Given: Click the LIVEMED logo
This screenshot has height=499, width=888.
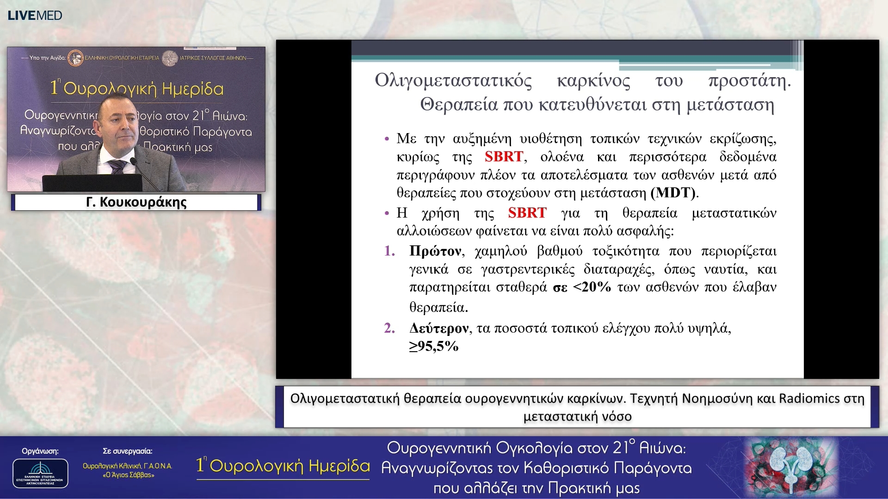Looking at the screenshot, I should (35, 15).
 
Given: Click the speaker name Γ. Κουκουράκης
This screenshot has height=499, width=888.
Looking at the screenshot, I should (136, 202).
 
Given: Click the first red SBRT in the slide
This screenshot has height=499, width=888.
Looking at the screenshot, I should (504, 157).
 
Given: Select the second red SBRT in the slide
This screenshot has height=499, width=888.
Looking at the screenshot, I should (527, 213).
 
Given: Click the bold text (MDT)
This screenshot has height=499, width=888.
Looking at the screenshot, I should (673, 193).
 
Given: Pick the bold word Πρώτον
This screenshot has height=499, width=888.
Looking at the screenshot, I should (435, 251).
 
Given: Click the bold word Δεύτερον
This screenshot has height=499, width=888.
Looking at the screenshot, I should (439, 329).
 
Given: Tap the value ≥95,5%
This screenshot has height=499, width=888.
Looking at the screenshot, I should (433, 346).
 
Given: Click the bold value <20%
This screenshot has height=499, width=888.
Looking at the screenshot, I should (592, 287).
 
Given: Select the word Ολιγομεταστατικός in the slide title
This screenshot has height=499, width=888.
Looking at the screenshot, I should (453, 81).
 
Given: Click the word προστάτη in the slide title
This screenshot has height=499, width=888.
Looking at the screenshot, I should (749, 81).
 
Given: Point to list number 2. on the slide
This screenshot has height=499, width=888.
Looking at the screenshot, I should (389, 328).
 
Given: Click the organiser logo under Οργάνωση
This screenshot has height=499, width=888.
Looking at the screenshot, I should (40, 473).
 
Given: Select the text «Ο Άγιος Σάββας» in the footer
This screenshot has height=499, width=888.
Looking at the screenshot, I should (128, 475).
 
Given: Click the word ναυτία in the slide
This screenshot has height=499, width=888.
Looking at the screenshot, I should (729, 269).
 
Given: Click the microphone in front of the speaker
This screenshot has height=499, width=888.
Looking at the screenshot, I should (134, 161).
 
